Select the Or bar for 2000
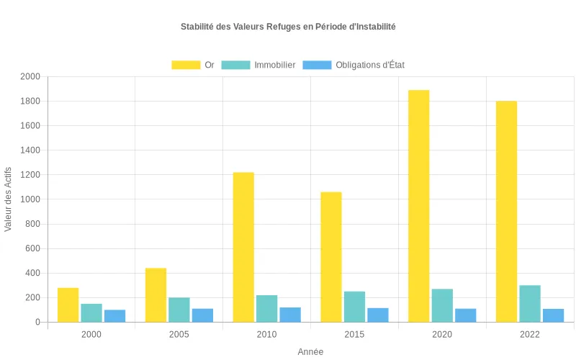coord(68,305)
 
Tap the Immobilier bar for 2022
coord(530,304)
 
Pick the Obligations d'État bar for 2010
coord(290,315)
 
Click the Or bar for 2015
coord(331,257)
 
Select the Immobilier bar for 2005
coord(179,310)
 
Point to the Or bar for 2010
coord(243,247)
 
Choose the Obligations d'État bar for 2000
coord(114,316)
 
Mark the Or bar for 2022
coord(506,212)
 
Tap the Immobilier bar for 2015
coord(354,307)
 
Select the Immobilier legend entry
coord(258,65)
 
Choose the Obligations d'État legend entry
coord(354,65)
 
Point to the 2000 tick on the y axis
coord(30,76)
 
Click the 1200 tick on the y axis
coord(30,175)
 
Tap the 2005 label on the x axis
coord(179,335)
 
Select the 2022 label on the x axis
coord(530,335)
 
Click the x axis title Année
coord(310,351)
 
